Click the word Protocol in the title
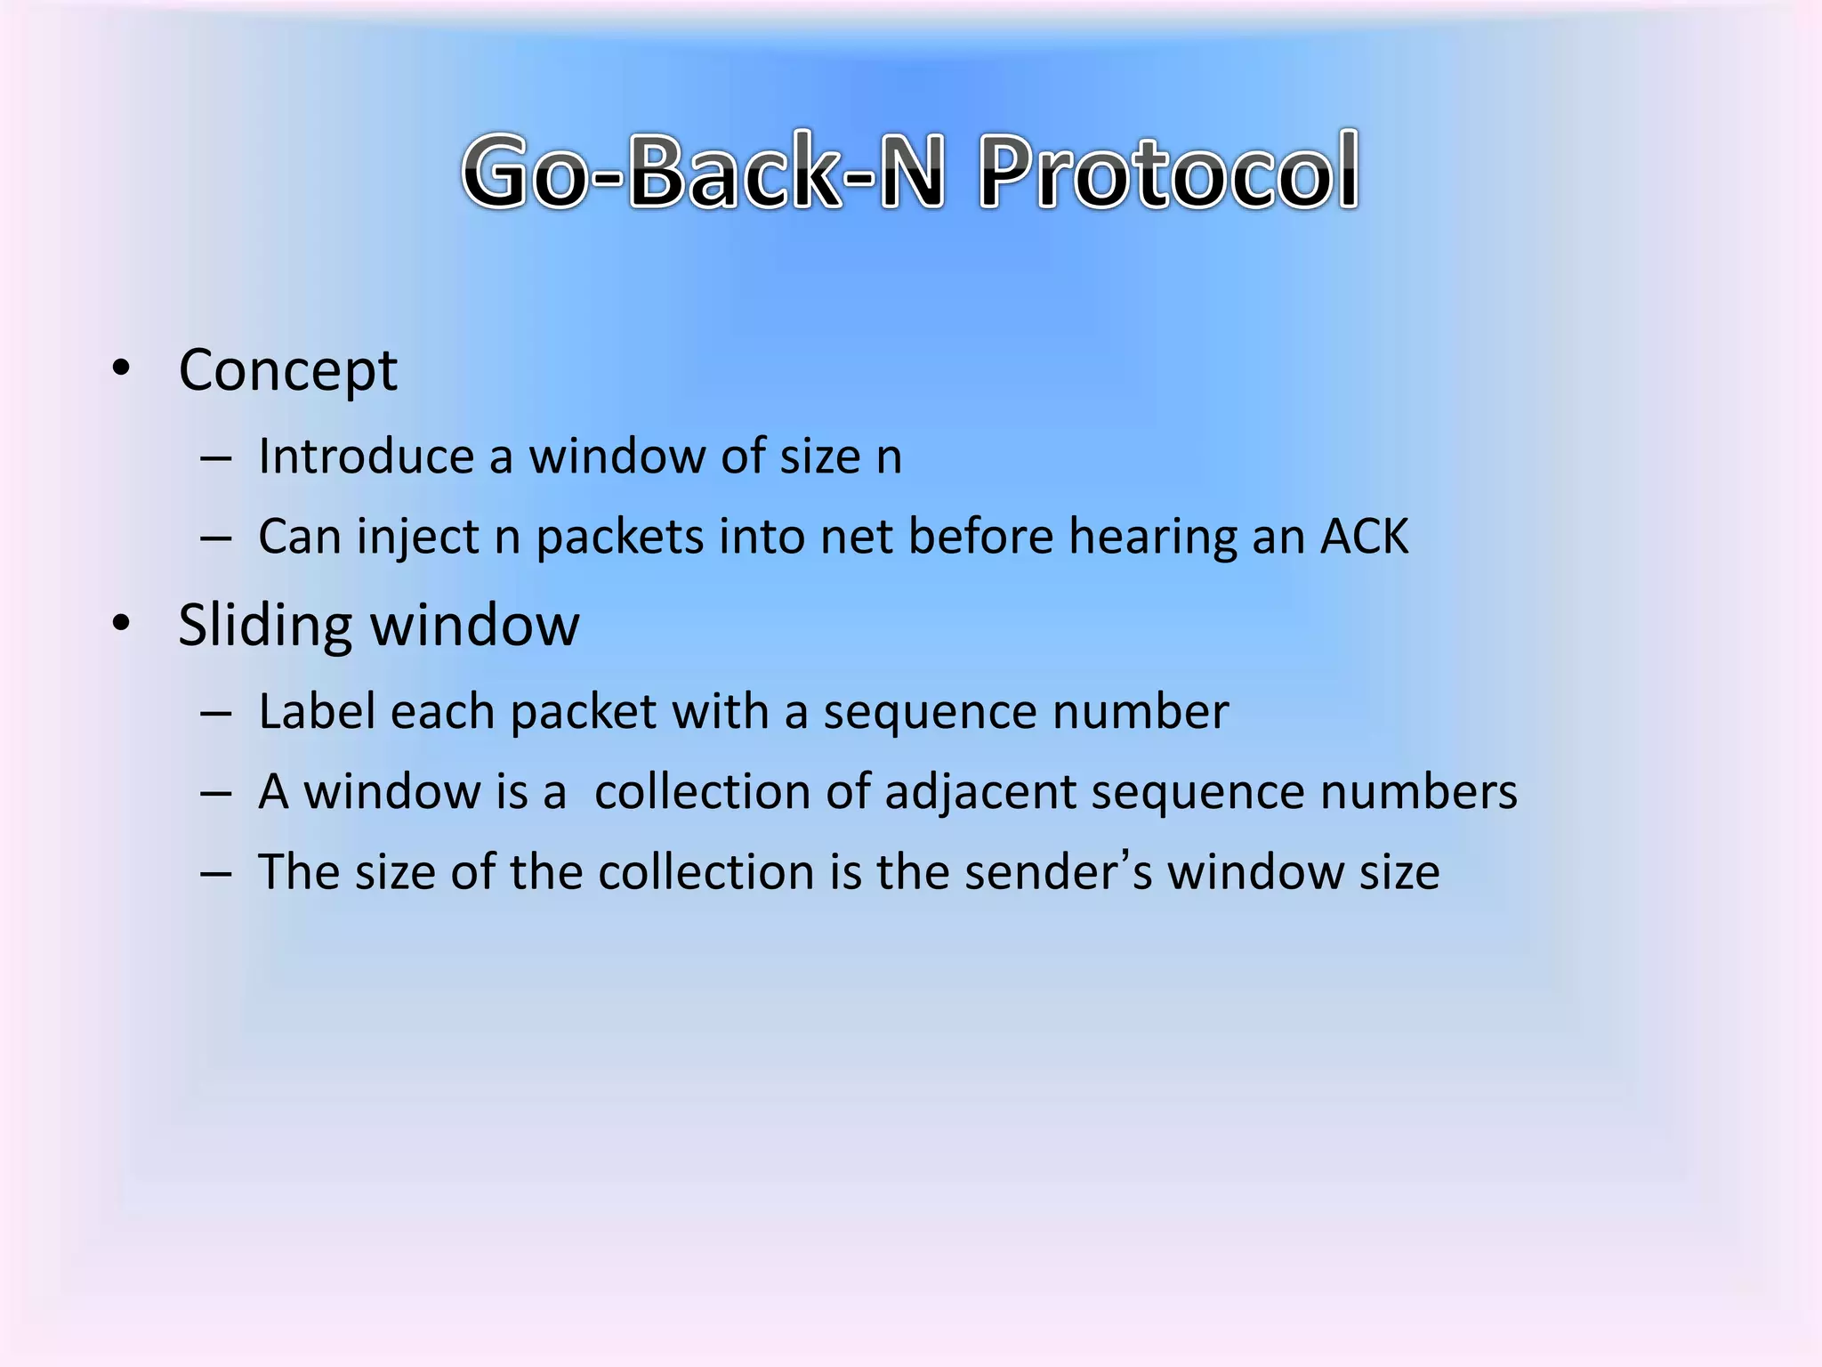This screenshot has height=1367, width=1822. tap(1169, 171)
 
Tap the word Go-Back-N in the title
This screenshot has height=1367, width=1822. tap(703, 171)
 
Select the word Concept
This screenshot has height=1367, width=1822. tap(287, 371)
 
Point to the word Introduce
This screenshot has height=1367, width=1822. tap(366, 457)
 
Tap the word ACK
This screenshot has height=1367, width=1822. tap(1365, 537)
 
